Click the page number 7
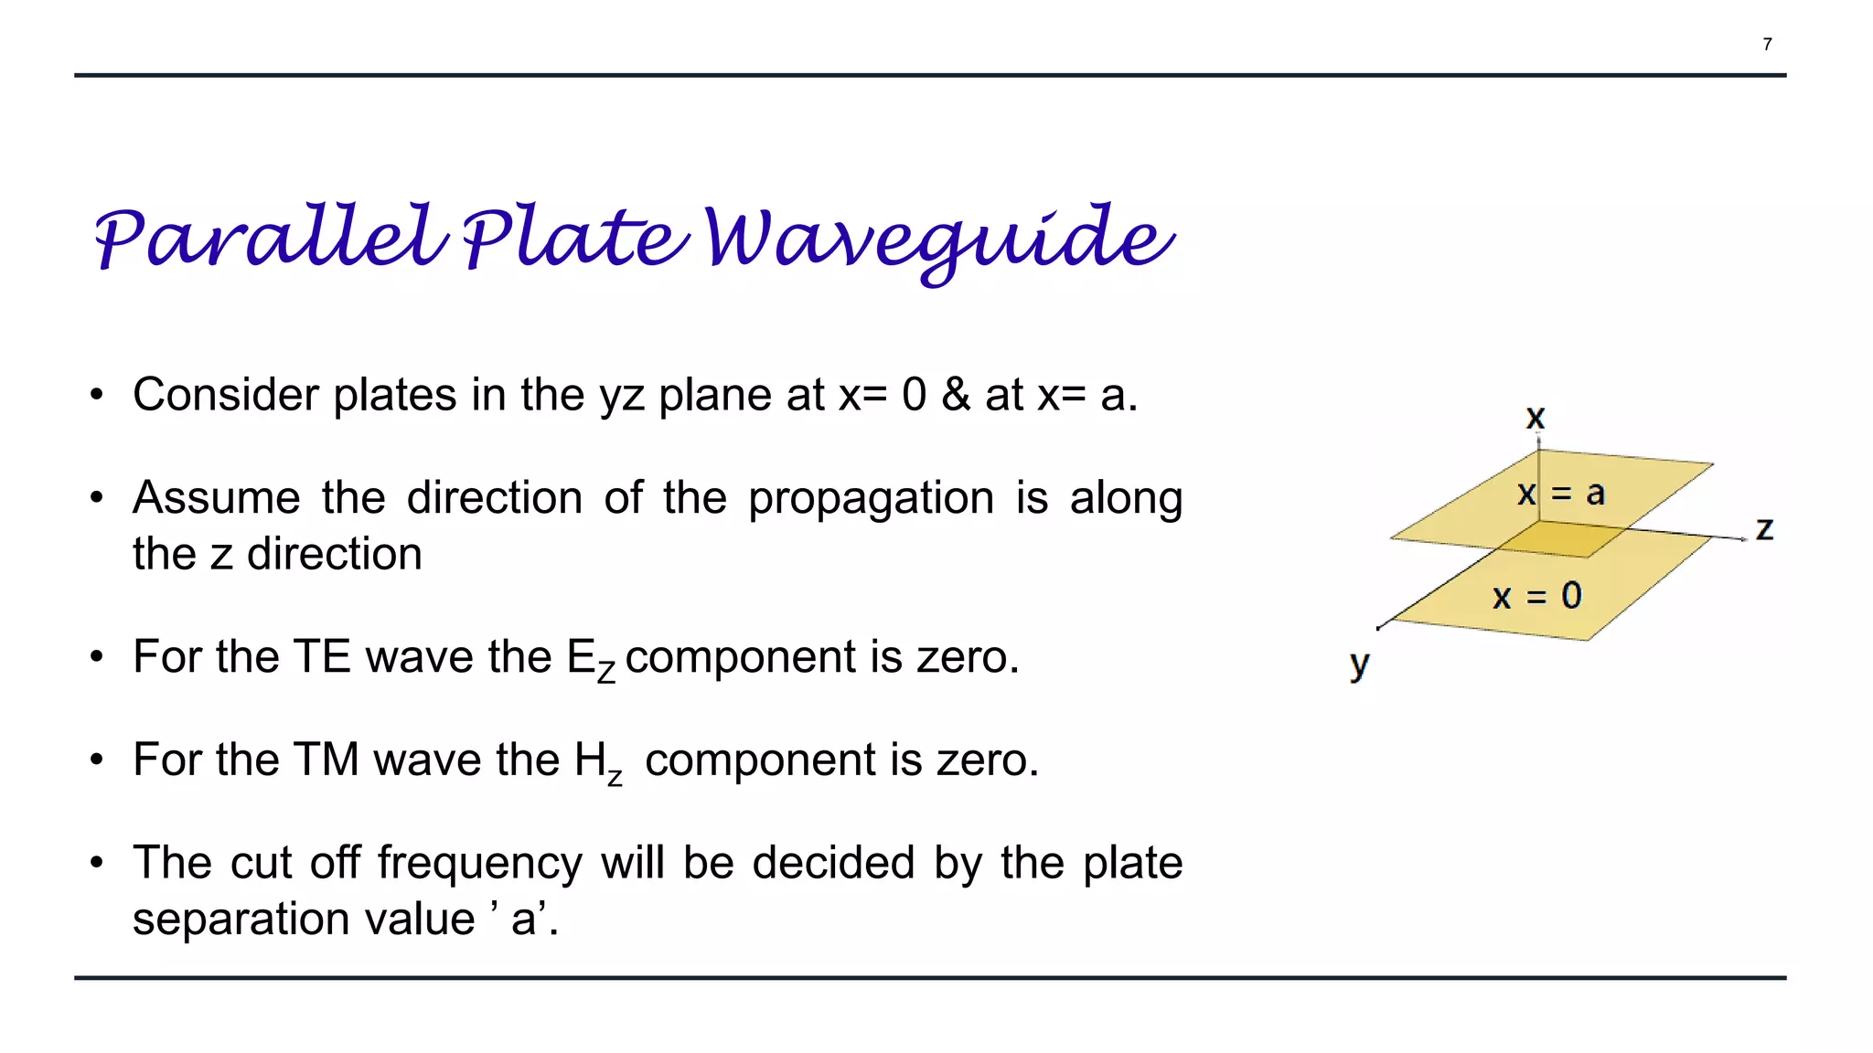click(x=1767, y=44)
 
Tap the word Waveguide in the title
click(x=938, y=239)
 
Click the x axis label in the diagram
click(x=1536, y=418)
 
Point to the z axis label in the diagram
click(x=1764, y=528)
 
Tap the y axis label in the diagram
click(x=1359, y=664)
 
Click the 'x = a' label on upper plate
click(x=1560, y=494)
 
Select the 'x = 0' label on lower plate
click(x=1536, y=596)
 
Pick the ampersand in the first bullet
click(x=956, y=395)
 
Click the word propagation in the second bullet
click(x=871, y=498)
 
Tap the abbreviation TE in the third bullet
click(x=322, y=657)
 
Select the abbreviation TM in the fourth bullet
click(x=326, y=760)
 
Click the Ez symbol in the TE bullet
click(x=591, y=660)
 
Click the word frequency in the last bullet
click(x=479, y=863)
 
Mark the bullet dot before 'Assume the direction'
click(x=97, y=498)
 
